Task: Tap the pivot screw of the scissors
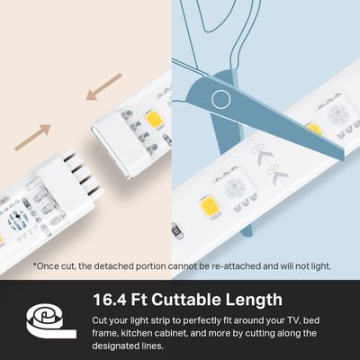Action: (219, 99)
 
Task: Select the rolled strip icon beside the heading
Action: (45, 315)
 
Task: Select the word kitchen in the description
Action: (140, 333)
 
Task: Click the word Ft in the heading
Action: (143, 300)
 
